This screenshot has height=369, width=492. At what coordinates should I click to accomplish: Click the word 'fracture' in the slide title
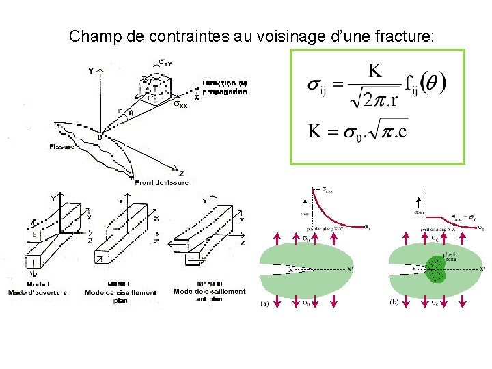coord(403,36)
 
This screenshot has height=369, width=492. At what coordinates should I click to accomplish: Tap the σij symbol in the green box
coord(320,85)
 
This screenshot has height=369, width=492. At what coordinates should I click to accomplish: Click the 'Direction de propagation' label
coord(224,87)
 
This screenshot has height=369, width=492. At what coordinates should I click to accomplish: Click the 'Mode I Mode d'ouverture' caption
coord(38,288)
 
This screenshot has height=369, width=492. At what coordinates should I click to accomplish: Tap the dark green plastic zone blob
coord(436,269)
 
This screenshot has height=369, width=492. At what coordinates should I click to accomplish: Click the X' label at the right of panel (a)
coord(351,269)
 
